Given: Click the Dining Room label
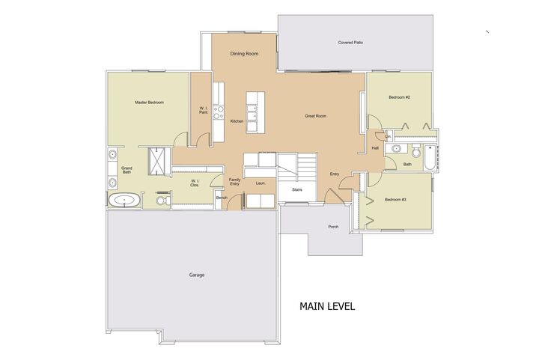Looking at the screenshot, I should coord(244,54).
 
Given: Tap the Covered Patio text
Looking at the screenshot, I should coord(350,43).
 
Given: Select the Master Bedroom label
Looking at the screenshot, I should coord(149,102).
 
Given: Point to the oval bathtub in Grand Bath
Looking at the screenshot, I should coord(124,201).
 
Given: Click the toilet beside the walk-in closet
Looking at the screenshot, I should coord(160,201).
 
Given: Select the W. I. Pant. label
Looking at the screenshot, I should coord(203,110).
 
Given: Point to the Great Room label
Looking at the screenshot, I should coord(315,117).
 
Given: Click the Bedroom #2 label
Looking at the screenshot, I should coord(398,97).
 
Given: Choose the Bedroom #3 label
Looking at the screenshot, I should coord(395,199).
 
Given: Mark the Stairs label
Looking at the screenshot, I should coord(297,190).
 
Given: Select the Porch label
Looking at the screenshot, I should coord(333,227).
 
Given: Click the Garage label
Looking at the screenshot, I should coord(196,275).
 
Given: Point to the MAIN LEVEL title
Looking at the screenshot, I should coord(327,306).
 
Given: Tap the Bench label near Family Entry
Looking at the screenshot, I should coord(222,198).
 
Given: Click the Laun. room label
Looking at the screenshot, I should coord(261,183).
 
